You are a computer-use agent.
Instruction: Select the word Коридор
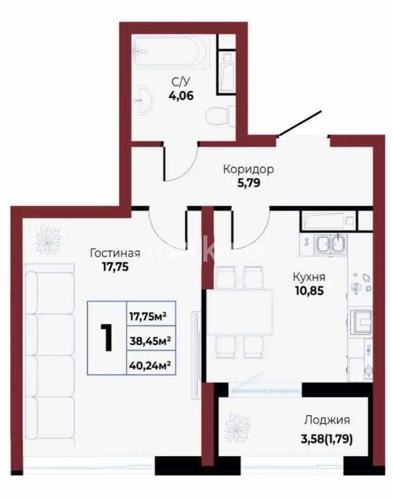pyautogui.click(x=248, y=169)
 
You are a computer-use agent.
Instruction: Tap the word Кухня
pyautogui.click(x=308, y=278)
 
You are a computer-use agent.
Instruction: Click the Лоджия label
pyautogui.click(x=325, y=421)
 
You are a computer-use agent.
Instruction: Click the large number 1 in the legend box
pyautogui.click(x=106, y=338)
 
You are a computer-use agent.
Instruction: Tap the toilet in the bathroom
pyautogui.click(x=216, y=117)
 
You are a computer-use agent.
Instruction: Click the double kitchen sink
pyautogui.click(x=330, y=244)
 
